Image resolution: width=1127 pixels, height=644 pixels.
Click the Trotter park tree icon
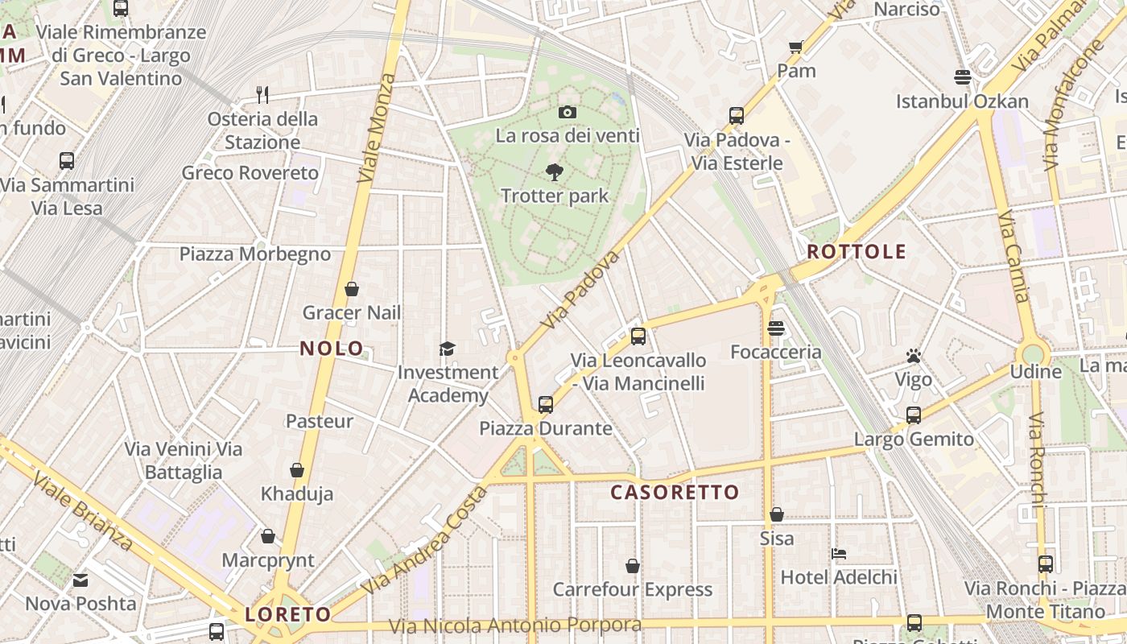point(554,171)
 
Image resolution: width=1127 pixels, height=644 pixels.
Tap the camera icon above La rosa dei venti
point(568,112)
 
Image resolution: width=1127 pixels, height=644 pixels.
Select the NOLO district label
point(332,349)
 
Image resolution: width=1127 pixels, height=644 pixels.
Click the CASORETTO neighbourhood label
point(675,493)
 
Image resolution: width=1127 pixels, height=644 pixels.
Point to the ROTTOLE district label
point(857,252)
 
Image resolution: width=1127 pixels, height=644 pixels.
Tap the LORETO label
point(288,615)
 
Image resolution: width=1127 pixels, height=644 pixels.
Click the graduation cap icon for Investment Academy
point(447,349)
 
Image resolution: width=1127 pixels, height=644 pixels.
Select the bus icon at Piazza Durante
point(546,404)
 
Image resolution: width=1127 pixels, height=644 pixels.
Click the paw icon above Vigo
point(913,356)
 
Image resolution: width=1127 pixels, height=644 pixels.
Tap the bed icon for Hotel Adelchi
point(838,554)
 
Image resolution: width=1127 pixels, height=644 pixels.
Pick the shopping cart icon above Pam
point(796,47)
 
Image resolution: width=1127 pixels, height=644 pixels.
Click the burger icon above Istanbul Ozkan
point(962,77)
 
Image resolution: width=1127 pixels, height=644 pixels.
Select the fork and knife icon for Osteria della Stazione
point(262,95)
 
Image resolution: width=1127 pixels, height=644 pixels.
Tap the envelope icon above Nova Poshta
point(80,580)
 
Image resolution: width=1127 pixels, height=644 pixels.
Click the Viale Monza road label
point(377,127)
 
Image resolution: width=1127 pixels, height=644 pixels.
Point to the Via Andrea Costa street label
point(424,541)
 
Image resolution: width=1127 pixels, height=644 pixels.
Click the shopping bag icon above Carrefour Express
point(633,566)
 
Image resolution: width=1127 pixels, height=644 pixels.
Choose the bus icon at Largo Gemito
point(914,415)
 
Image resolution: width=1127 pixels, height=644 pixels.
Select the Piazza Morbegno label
point(254,254)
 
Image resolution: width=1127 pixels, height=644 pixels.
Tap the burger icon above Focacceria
point(776,328)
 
